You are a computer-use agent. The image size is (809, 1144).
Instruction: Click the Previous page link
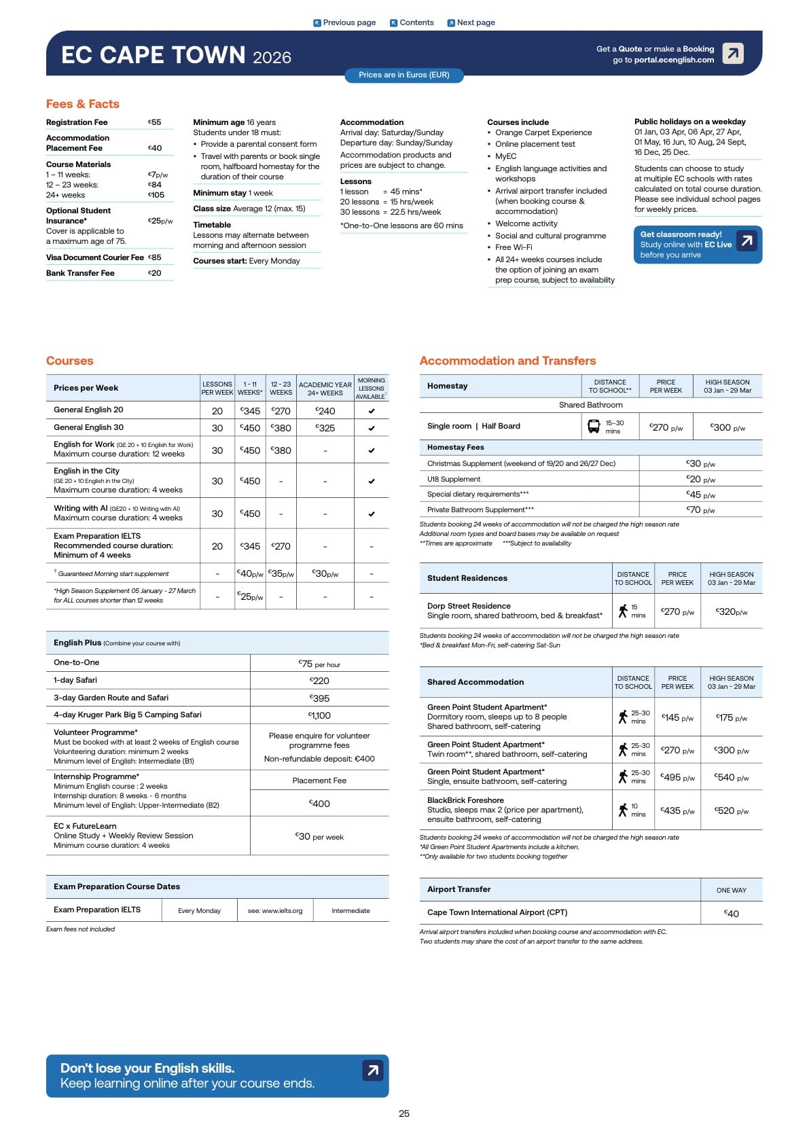click(344, 22)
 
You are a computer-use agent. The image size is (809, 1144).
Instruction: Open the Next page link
click(471, 22)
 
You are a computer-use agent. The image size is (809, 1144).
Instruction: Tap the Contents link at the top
click(412, 22)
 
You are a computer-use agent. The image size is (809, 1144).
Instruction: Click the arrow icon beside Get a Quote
click(733, 53)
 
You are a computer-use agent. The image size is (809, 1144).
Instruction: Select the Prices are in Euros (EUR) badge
click(404, 75)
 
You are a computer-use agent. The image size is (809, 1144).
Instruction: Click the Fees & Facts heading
click(83, 104)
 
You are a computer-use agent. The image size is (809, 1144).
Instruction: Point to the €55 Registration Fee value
click(155, 122)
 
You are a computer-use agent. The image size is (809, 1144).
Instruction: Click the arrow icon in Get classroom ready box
click(747, 240)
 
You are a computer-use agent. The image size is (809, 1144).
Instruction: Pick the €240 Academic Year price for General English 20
click(325, 411)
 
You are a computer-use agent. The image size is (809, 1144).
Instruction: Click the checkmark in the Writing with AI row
click(372, 514)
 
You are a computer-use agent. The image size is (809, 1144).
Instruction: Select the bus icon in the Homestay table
click(594, 427)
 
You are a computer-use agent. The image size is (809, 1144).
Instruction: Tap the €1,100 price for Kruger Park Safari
click(319, 715)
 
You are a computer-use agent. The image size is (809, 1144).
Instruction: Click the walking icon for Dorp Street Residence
click(623, 611)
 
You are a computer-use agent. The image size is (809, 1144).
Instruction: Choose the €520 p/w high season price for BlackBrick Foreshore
click(731, 810)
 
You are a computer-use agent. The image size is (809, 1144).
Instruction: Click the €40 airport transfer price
click(731, 914)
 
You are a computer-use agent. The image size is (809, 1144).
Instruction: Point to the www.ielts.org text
click(275, 911)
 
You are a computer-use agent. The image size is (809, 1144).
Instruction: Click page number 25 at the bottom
click(404, 1113)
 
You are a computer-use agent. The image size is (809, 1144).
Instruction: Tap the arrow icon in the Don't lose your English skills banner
click(373, 1071)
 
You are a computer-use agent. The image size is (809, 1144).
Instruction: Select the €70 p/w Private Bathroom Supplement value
click(700, 510)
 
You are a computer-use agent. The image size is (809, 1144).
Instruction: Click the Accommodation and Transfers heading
click(507, 361)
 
